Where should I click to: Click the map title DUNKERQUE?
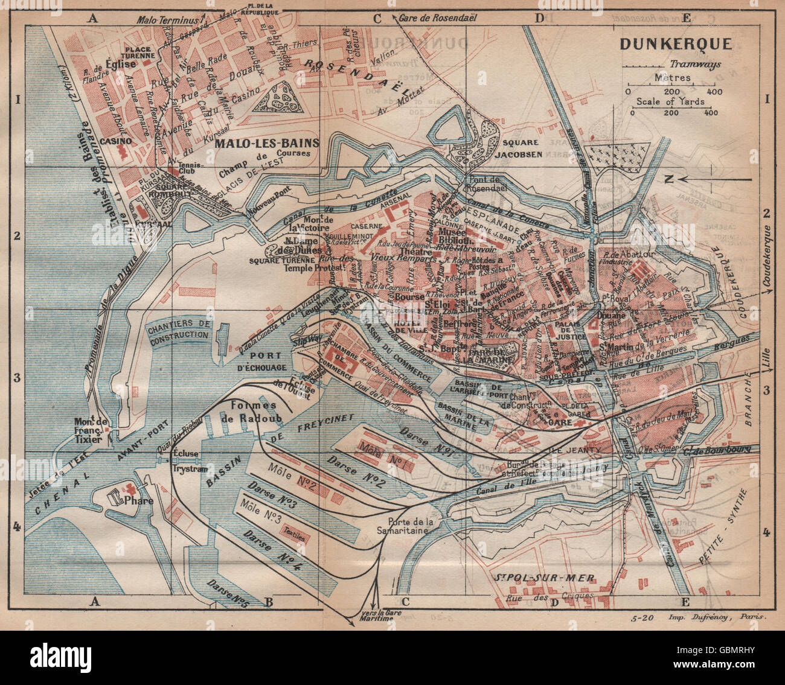(675, 44)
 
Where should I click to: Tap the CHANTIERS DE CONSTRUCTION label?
(180, 329)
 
